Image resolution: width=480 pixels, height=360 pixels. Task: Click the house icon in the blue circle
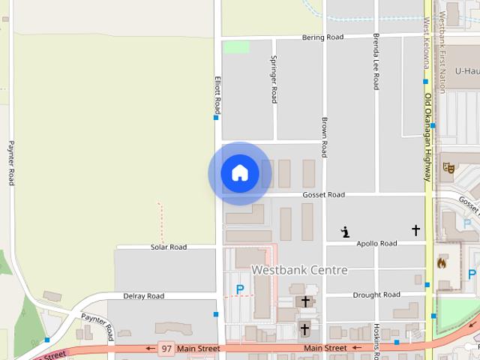(239, 173)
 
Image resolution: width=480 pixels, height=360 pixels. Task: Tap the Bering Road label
(322, 37)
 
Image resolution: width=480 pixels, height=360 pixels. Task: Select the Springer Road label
(274, 79)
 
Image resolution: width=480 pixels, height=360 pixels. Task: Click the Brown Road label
(324, 136)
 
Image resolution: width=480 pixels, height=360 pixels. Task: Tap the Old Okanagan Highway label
(427, 137)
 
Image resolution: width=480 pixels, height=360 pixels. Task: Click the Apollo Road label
(376, 244)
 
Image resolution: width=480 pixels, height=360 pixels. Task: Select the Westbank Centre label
(299, 269)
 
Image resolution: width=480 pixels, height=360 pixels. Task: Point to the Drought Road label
(376, 295)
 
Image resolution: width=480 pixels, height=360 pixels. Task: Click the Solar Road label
(169, 247)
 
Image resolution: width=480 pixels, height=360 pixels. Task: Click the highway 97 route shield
(166, 348)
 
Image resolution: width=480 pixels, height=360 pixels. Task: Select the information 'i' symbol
(345, 232)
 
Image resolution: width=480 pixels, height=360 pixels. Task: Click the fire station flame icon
(440, 263)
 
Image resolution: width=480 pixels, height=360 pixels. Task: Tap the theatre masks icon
(449, 167)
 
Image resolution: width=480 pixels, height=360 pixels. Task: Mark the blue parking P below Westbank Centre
(240, 289)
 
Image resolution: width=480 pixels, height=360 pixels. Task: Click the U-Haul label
(466, 71)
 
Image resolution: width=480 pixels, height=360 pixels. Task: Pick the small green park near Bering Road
(236, 46)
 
